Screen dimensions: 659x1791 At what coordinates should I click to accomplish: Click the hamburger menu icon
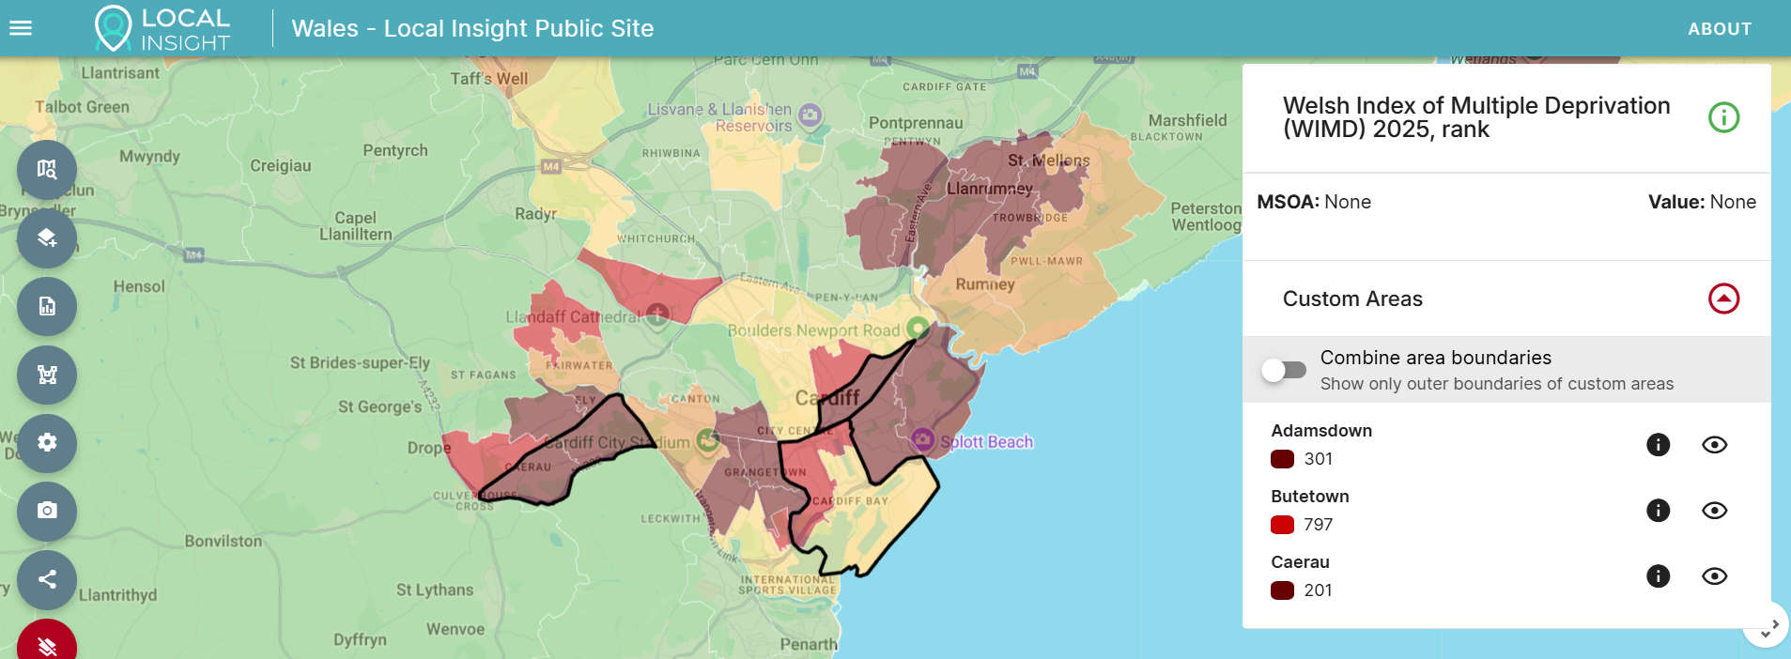(x=21, y=28)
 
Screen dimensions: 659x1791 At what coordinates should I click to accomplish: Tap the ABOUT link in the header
(x=1719, y=29)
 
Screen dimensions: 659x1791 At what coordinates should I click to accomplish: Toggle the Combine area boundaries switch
(x=1283, y=370)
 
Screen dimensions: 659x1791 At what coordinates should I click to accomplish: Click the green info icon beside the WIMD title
(x=1723, y=117)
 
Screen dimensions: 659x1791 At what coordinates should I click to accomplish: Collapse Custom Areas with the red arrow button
(x=1723, y=299)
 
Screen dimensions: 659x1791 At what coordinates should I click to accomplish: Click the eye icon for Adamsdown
(x=1714, y=445)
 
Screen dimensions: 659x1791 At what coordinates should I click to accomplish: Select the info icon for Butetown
(x=1658, y=511)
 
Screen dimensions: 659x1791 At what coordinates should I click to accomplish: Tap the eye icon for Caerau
(x=1714, y=576)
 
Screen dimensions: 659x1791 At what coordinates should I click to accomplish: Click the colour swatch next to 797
(x=1282, y=525)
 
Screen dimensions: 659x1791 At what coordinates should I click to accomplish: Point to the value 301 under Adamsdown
(x=1318, y=459)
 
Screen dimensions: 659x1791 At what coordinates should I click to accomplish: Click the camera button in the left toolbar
(x=47, y=511)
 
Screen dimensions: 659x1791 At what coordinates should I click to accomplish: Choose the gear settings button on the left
(x=47, y=442)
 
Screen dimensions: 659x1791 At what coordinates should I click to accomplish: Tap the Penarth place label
(x=809, y=644)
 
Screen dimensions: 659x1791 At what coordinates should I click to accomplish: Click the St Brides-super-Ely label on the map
(x=360, y=362)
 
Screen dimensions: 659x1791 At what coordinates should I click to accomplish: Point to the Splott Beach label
(x=986, y=442)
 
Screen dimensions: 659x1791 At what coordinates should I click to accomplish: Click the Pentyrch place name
(x=395, y=150)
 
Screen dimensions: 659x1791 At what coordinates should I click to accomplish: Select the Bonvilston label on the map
(x=224, y=541)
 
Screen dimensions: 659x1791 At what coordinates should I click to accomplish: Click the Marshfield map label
(x=1187, y=120)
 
